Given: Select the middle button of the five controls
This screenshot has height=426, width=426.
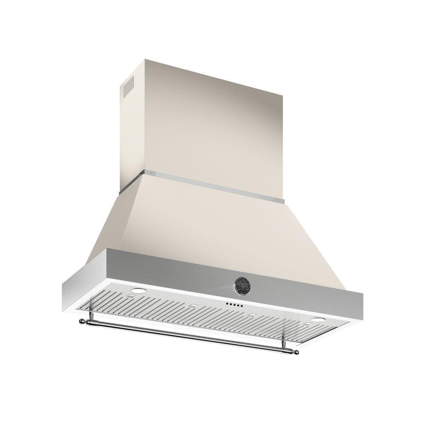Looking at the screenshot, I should (234, 305).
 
